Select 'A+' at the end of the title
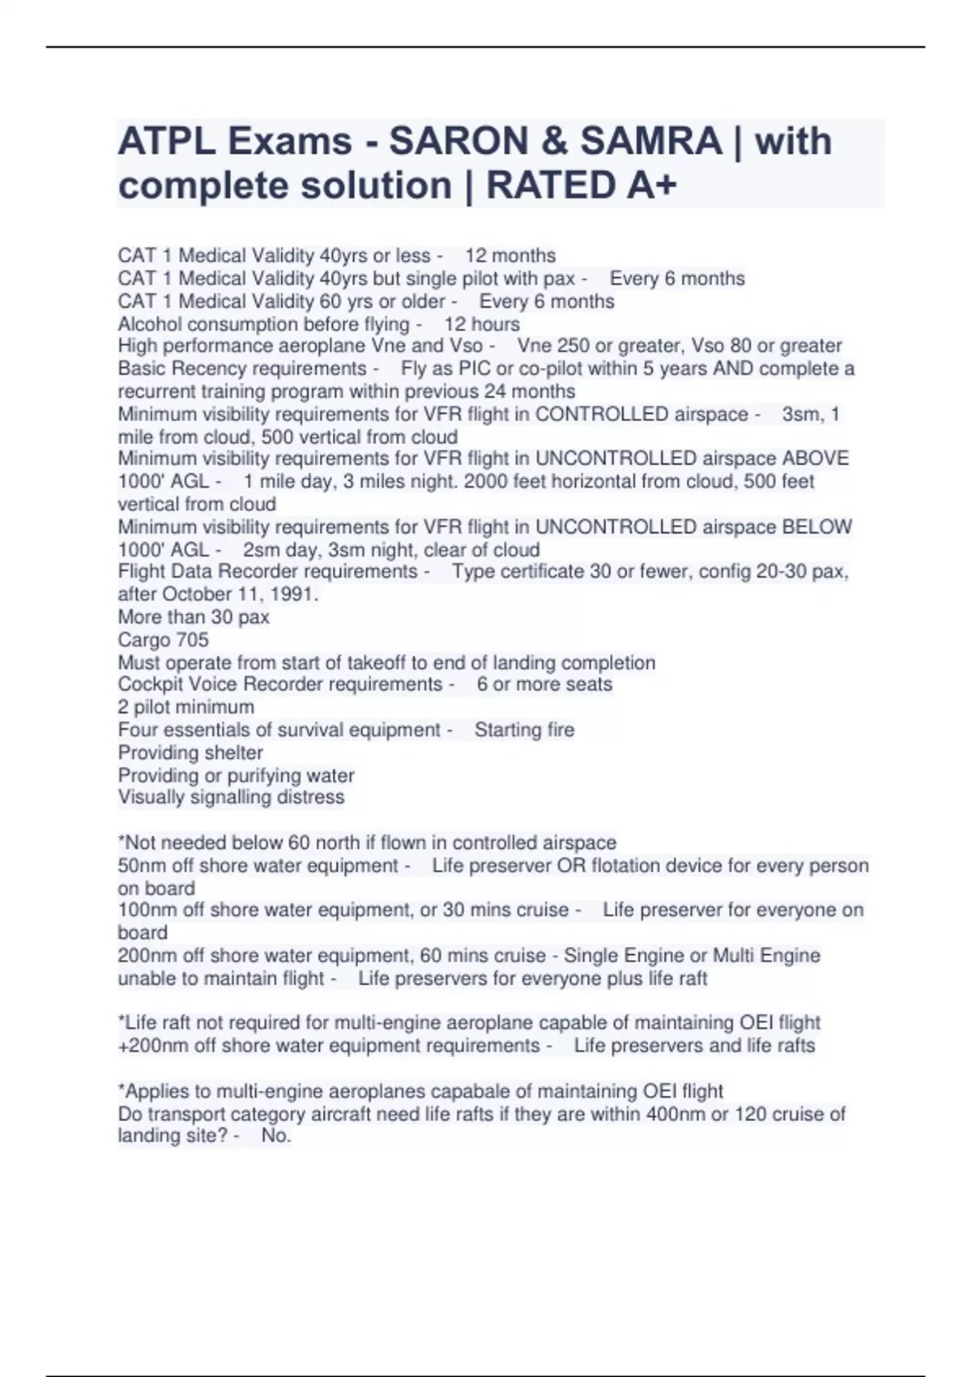[652, 185]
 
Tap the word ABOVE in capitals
[816, 458]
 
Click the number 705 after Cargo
[192, 640]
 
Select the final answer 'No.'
[275, 1136]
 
